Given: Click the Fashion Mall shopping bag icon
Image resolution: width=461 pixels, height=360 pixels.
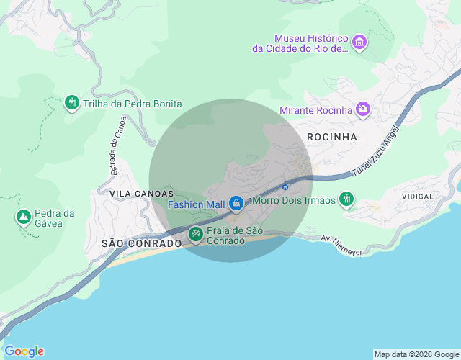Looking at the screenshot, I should [236, 204].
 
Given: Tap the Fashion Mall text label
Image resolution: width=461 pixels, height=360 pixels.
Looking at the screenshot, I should [197, 204].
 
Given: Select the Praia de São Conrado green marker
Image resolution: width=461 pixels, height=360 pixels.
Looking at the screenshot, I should [195, 234].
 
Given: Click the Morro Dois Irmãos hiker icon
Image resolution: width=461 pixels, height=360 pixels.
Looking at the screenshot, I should [347, 199].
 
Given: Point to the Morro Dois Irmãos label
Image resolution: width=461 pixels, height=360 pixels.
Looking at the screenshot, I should [294, 200].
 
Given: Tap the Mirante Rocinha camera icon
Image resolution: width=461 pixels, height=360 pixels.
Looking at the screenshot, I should [363, 109].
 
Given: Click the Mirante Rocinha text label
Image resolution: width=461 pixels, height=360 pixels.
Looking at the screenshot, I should [315, 110].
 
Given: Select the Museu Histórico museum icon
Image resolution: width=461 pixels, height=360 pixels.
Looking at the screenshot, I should [359, 43].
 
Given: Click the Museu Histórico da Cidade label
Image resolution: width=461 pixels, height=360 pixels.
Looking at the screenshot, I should [300, 43].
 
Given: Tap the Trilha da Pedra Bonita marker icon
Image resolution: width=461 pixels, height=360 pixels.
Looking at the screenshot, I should [71, 103].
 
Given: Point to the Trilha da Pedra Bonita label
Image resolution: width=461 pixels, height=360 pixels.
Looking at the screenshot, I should [133, 104].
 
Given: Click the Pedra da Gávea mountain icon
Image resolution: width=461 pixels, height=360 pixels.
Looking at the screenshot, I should [23, 216].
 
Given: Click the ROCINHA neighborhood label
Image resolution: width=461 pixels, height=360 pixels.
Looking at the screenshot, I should [332, 136].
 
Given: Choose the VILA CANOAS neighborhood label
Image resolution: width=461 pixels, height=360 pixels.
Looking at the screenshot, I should [142, 194].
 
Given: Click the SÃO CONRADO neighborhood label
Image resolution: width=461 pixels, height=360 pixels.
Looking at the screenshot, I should [142, 243].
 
